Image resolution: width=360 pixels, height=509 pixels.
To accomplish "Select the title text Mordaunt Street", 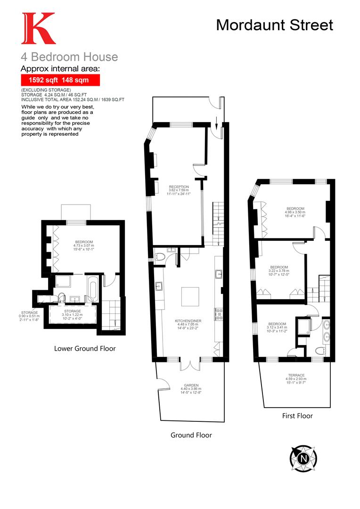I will pos(274,25).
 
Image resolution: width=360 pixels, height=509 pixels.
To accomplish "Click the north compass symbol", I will pos(303,457).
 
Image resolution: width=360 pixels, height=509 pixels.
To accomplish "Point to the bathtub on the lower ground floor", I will pos(92,288).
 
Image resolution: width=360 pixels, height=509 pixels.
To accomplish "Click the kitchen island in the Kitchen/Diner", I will pos(190,296).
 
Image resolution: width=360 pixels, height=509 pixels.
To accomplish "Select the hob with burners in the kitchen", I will pos(218,314).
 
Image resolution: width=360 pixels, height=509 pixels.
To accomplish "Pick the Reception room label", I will pos(179,190).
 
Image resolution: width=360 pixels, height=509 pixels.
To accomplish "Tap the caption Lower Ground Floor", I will pos(85,349).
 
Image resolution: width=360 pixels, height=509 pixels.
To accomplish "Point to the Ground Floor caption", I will pos(191,435).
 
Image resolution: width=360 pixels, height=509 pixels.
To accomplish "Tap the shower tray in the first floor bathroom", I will pos(302,328).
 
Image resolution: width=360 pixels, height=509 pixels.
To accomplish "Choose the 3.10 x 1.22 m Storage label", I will pos(72,314).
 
